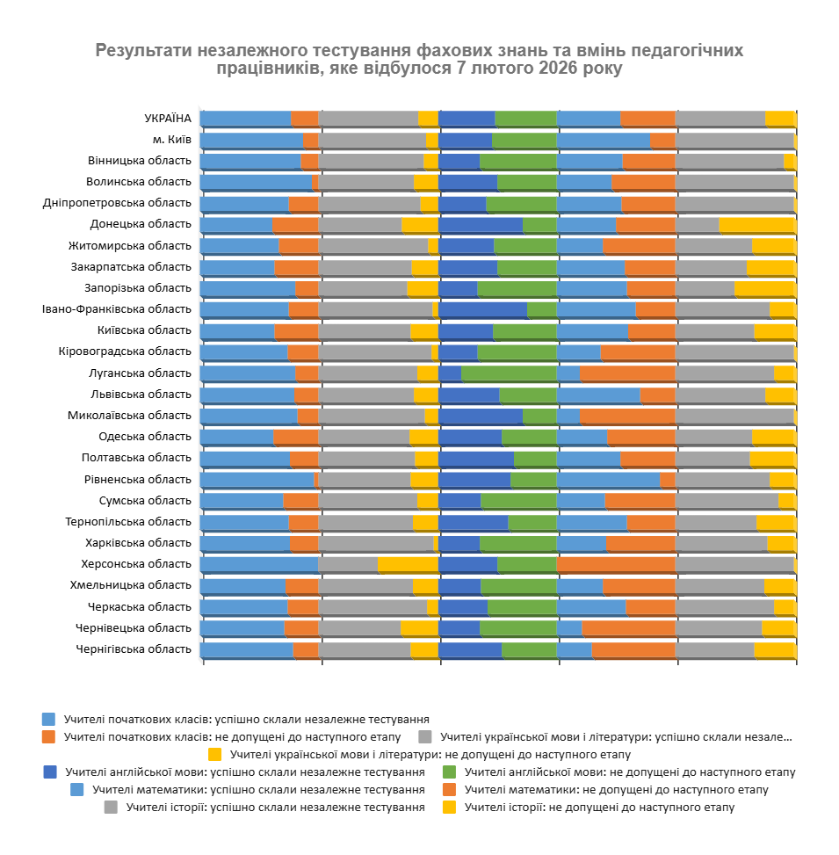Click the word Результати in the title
click(140, 49)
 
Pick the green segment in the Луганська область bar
click(509, 373)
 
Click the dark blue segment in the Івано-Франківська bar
click(482, 309)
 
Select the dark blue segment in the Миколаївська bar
click(481, 416)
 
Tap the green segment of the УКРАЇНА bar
click(525, 119)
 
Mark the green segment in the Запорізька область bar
click(517, 288)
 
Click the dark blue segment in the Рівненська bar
click(474, 480)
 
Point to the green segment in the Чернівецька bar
click(518, 628)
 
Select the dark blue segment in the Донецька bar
click(481, 225)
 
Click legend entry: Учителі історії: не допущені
click(599, 808)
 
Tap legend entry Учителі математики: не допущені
click(616, 790)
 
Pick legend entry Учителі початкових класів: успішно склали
click(247, 719)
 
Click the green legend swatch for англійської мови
click(450, 772)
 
